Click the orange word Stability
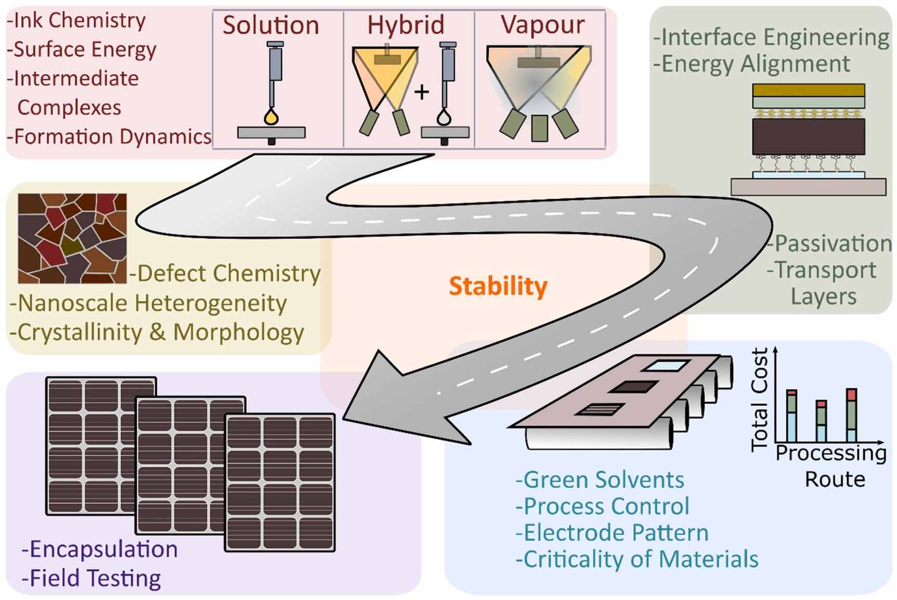[x=498, y=286]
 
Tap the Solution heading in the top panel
[x=271, y=25]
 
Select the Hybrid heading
[x=406, y=25]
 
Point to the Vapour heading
[x=542, y=25]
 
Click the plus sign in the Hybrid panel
[x=421, y=92]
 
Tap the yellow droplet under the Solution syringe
[x=271, y=117]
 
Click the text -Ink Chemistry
[x=76, y=20]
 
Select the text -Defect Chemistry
[x=225, y=273]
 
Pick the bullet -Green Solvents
[x=600, y=480]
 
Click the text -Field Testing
[x=92, y=578]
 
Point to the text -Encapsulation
[x=100, y=549]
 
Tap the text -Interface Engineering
[x=771, y=37]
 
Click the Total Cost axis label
[x=760, y=399]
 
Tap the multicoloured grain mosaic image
[x=72, y=238]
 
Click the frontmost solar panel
[x=280, y=482]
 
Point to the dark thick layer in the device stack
[x=808, y=136]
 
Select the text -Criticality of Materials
[x=637, y=559]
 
